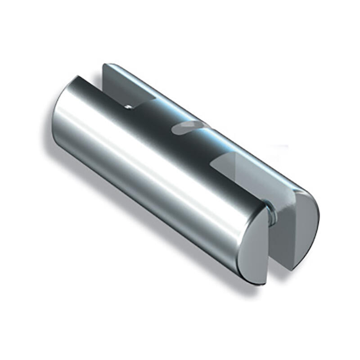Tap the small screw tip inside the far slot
pos(128,106)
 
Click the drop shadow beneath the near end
pos(252,288)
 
